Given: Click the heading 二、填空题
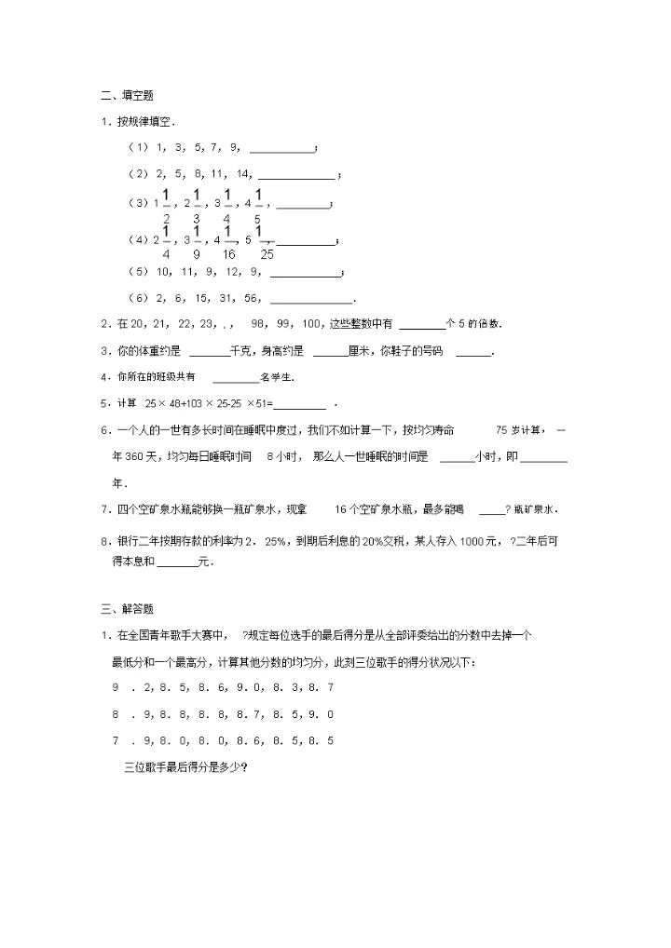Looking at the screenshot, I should (x=127, y=95).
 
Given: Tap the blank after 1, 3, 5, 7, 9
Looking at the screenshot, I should (x=282, y=148).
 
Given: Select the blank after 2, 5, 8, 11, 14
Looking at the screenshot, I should (x=296, y=174).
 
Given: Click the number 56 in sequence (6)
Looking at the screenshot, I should (x=252, y=299).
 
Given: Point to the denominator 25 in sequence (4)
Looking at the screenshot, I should (x=267, y=253).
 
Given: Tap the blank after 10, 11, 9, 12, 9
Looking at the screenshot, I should (x=306, y=273).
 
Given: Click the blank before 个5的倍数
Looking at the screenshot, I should (x=422, y=324).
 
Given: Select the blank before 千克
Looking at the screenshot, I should (x=209, y=352).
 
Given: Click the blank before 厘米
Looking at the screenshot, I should (x=330, y=352).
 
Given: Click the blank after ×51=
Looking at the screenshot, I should (x=300, y=404).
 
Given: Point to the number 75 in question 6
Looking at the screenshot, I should (x=501, y=431).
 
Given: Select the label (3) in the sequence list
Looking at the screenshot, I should (x=138, y=202).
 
